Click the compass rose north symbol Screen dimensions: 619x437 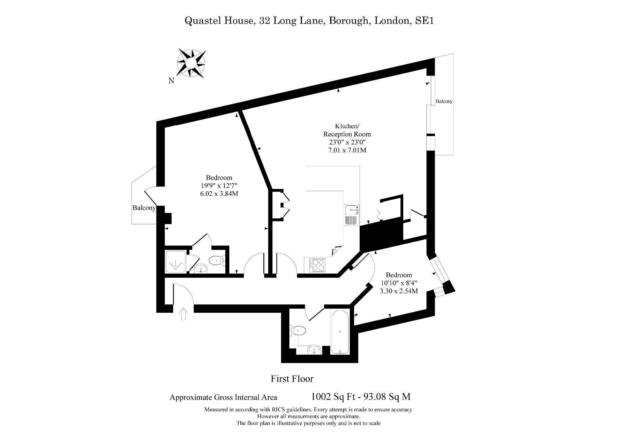pyautogui.click(x=191, y=63)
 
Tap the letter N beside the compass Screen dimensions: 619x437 pyautogui.click(x=171, y=81)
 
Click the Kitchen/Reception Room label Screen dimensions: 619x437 pyautogui.click(x=347, y=130)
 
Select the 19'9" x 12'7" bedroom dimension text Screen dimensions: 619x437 pyautogui.click(x=219, y=186)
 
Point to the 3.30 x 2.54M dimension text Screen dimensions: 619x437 pyautogui.click(x=399, y=291)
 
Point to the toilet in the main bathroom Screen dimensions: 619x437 pyautogui.click(x=298, y=331)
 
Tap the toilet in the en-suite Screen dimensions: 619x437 pyautogui.click(x=217, y=260)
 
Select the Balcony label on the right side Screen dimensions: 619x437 pyautogui.click(x=444, y=101)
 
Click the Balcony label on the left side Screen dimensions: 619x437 pyautogui.click(x=144, y=208)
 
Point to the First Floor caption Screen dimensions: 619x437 pyautogui.click(x=292, y=379)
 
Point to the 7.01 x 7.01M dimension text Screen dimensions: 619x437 pyautogui.click(x=348, y=151)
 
